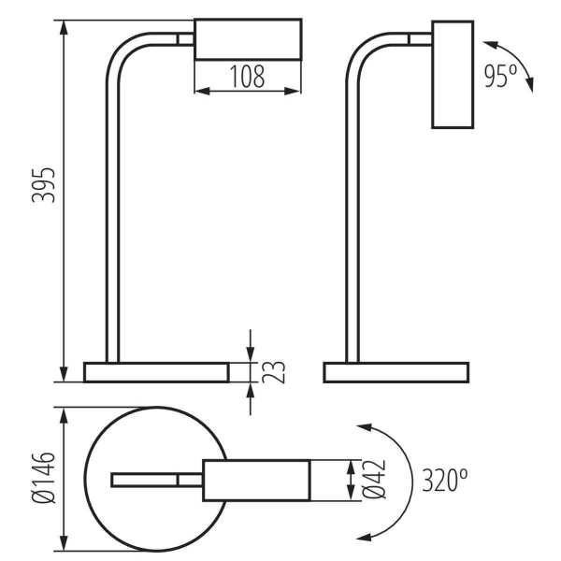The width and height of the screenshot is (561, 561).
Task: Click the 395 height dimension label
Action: (x=44, y=184)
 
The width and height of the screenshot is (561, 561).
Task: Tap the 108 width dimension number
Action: (x=247, y=77)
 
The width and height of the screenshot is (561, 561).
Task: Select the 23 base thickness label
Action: (x=274, y=372)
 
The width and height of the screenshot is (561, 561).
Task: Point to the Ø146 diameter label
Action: (x=44, y=478)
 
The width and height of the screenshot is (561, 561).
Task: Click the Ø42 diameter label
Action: (x=374, y=479)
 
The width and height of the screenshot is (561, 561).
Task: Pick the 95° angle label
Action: (x=500, y=77)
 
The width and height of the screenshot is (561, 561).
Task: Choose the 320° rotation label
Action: (x=445, y=480)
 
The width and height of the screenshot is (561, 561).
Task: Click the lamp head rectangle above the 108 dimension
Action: (x=249, y=39)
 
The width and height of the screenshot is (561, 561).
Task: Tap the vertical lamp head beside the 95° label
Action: (x=453, y=75)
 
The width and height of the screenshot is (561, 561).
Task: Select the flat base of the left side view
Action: (x=156, y=372)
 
